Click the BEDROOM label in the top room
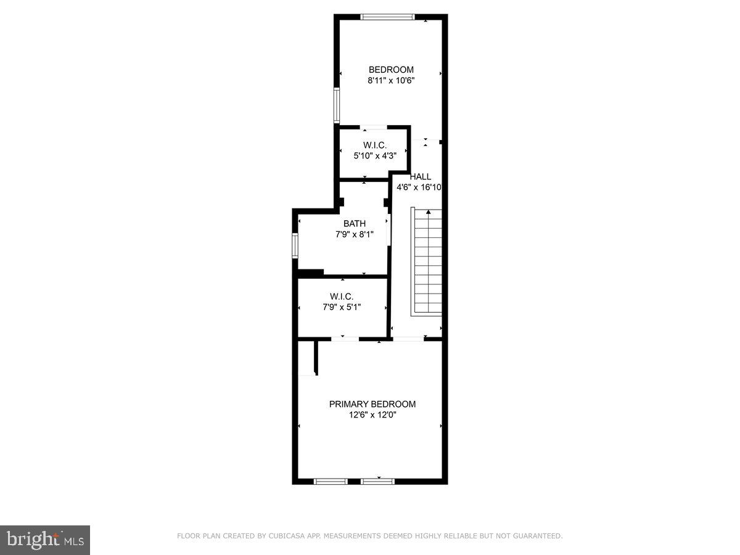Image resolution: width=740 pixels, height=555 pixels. [391, 70]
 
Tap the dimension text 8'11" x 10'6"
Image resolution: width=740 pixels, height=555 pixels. [391, 80]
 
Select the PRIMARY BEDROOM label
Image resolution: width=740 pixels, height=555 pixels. [372, 404]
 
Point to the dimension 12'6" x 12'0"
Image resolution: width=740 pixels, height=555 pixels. [372, 415]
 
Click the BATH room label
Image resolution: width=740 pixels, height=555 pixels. [355, 224]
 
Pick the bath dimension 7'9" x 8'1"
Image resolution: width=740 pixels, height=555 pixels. [355, 234]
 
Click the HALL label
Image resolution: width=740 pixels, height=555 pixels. [421, 176]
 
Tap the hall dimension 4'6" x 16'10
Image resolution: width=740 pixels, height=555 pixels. [419, 187]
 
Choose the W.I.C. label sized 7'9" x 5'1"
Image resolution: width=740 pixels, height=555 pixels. [342, 296]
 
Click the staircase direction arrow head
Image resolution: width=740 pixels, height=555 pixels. [429, 212]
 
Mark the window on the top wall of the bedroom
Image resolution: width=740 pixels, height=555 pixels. [388, 17]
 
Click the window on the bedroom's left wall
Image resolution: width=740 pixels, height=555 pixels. [337, 105]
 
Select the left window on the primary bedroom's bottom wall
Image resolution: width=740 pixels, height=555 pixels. [331, 481]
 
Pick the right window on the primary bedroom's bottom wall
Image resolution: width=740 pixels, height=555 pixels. [377, 481]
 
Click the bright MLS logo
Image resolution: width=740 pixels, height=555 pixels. [45, 540]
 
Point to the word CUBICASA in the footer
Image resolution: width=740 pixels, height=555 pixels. [285, 536]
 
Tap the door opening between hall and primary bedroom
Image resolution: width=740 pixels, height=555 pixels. [408, 339]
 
